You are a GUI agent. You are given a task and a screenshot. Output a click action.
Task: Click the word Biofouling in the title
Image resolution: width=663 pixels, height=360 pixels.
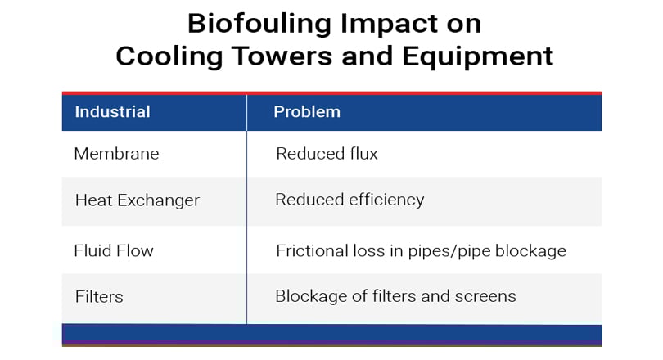point(259,25)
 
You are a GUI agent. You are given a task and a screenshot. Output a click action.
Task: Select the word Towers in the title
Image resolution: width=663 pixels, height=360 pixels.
point(282,56)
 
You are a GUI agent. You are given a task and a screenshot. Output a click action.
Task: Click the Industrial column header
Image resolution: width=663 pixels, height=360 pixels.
point(112,112)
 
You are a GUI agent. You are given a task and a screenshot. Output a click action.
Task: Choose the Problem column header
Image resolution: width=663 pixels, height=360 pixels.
point(307,112)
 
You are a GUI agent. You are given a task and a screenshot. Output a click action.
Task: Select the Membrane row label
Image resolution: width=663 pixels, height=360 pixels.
point(117,153)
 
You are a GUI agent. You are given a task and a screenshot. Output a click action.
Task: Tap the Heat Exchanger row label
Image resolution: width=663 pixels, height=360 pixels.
point(137,200)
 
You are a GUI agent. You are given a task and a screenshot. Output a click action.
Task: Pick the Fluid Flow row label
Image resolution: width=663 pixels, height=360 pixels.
point(114,250)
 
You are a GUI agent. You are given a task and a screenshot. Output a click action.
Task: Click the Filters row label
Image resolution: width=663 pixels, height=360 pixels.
point(99,297)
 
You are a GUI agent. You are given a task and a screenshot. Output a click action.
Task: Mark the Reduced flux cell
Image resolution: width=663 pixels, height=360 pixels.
point(327,153)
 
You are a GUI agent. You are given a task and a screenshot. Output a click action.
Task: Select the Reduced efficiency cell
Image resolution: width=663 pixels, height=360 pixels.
point(350,200)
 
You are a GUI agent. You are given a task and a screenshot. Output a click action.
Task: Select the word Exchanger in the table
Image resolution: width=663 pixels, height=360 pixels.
point(158,200)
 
